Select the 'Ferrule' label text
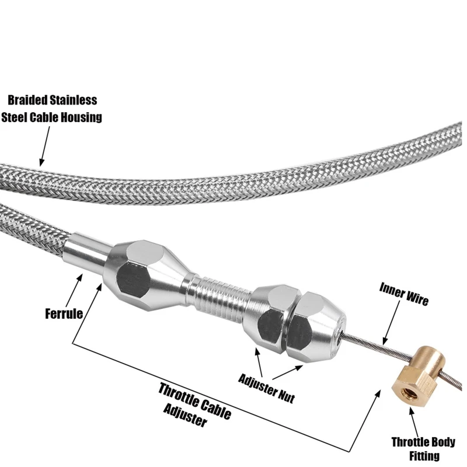63,313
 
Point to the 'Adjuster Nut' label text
267,386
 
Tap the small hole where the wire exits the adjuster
339,333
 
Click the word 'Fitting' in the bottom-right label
423,456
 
